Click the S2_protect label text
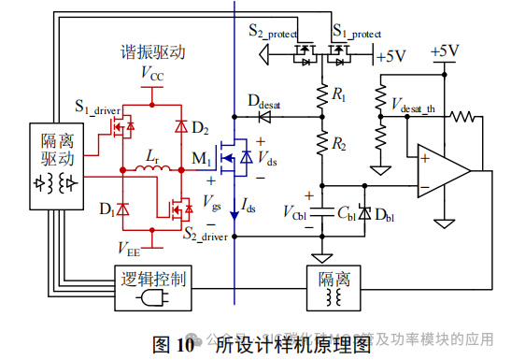coord(277,32)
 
